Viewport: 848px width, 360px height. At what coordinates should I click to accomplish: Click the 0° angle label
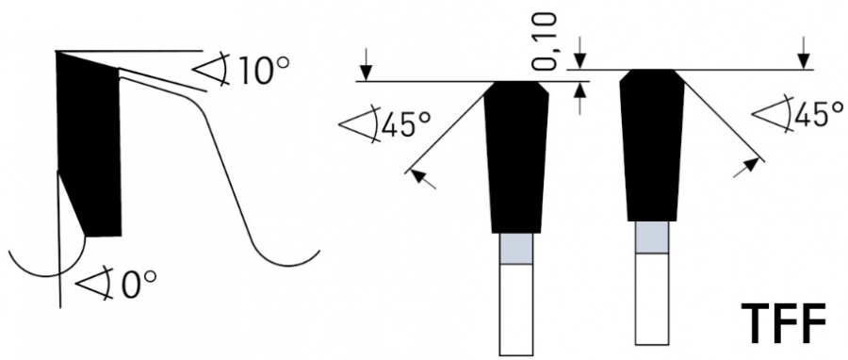pyautogui.click(x=139, y=285)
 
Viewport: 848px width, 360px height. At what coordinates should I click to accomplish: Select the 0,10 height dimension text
pyautogui.click(x=544, y=42)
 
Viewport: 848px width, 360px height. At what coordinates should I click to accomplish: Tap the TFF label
pyautogui.click(x=783, y=323)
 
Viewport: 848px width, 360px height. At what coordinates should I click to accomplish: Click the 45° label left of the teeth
pyautogui.click(x=406, y=126)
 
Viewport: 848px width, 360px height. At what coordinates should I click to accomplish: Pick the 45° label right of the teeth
pyautogui.click(x=818, y=114)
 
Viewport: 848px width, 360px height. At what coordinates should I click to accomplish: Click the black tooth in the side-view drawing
pyautogui.click(x=89, y=144)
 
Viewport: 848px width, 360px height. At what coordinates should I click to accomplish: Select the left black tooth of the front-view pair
pyautogui.click(x=516, y=156)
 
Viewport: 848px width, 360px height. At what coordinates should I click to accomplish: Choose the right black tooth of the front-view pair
pyautogui.click(x=652, y=145)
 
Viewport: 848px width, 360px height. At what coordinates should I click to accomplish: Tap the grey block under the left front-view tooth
pyautogui.click(x=516, y=249)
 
